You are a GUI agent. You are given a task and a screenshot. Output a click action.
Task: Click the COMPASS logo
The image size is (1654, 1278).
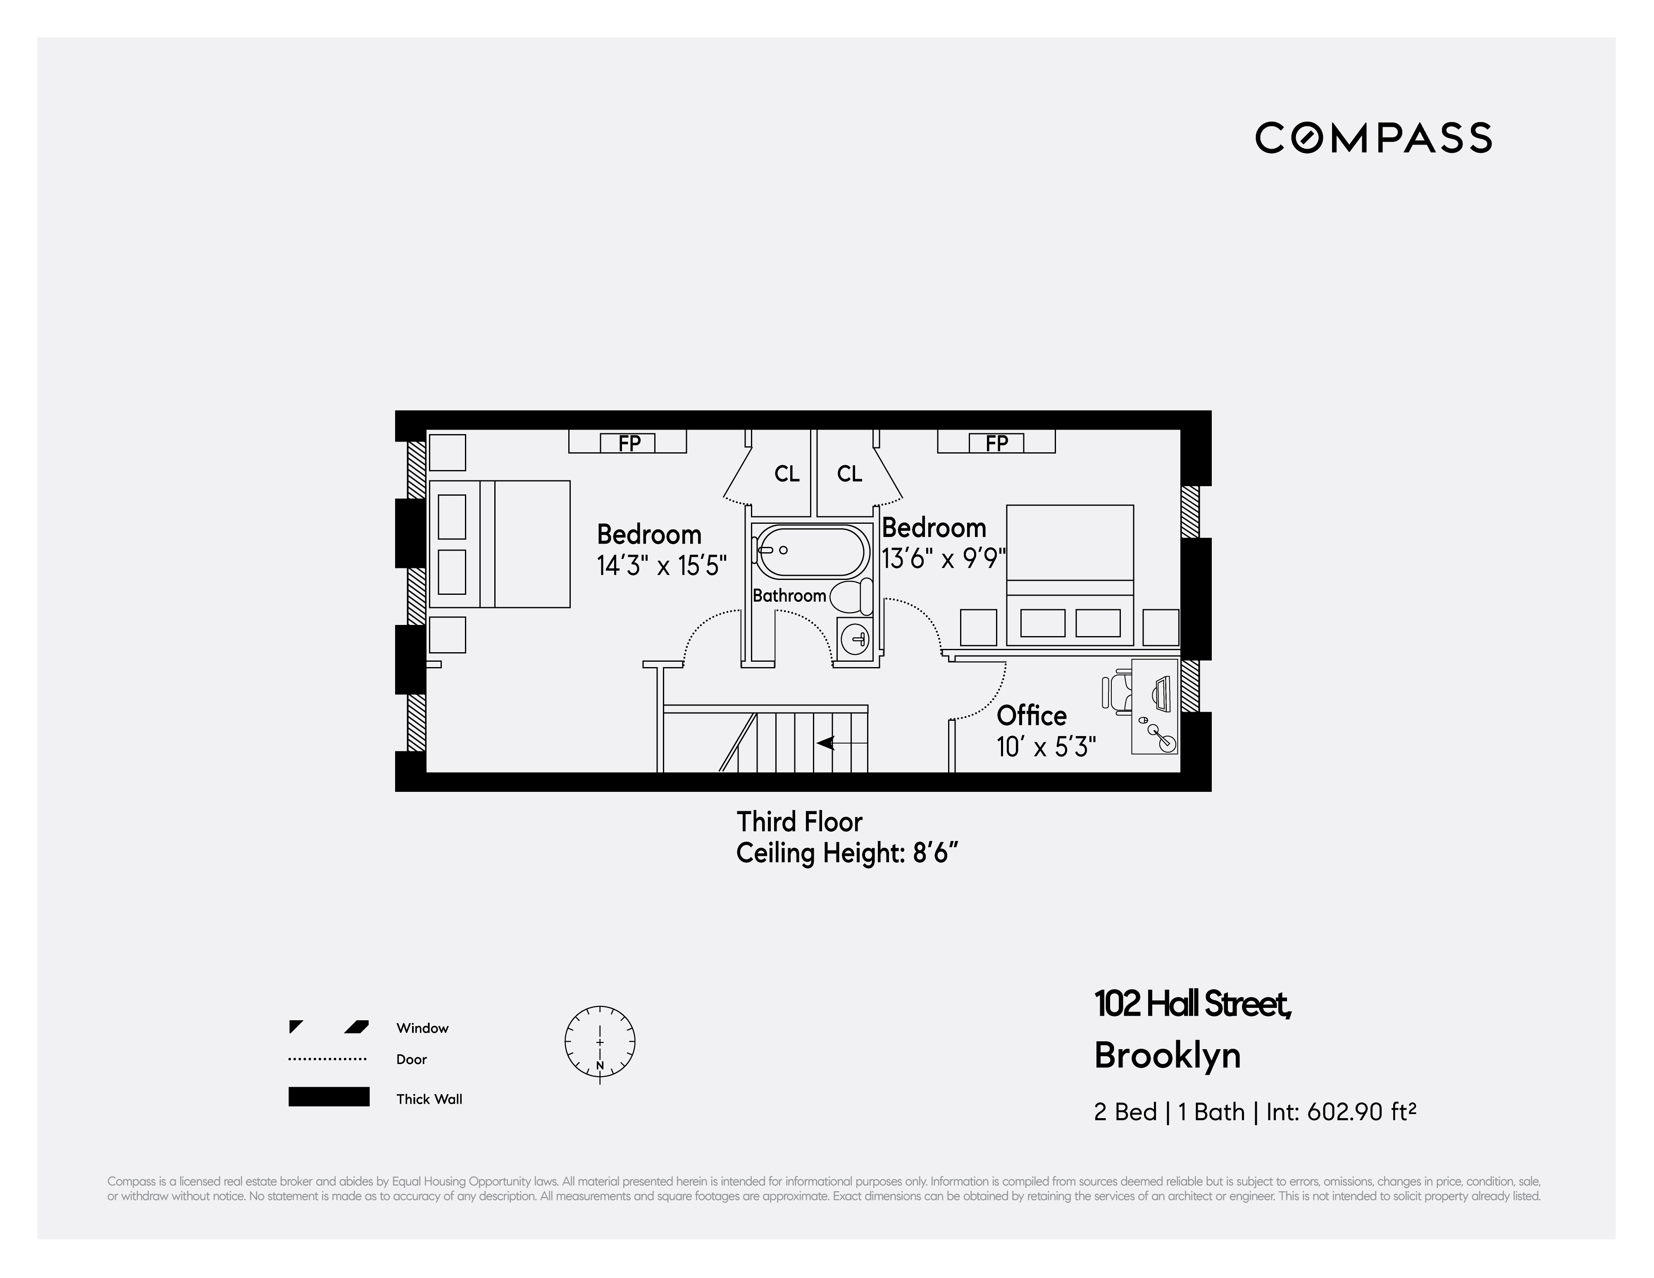[1373, 138]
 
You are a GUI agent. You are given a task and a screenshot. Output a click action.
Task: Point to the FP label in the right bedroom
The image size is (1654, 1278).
[996, 443]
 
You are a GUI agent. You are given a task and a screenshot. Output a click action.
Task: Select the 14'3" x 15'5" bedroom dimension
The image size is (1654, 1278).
[661, 565]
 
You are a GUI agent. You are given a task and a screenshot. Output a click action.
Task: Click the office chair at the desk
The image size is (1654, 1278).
[1115, 694]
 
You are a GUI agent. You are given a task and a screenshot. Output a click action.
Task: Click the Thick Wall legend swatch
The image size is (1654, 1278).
[329, 1097]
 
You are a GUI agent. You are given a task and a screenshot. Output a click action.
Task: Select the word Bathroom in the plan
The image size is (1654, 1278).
[789, 596]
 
